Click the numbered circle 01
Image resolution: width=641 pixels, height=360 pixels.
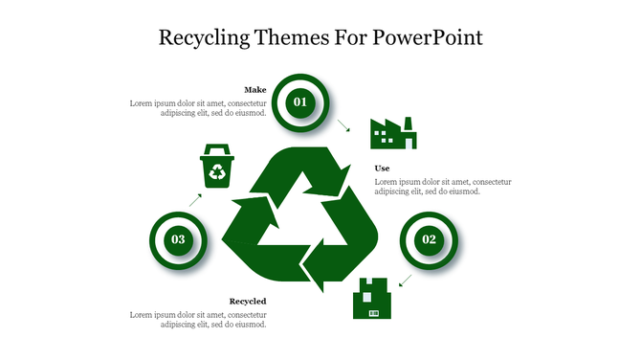click(x=299, y=101)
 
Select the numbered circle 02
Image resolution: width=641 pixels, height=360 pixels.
click(x=429, y=239)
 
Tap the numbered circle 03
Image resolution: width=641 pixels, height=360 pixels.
click(x=178, y=239)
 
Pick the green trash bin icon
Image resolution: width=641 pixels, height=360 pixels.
click(x=217, y=168)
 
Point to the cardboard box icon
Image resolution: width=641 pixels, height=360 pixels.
click(x=373, y=299)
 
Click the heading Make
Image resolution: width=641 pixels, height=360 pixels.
click(x=254, y=89)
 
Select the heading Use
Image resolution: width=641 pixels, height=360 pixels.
click(x=382, y=169)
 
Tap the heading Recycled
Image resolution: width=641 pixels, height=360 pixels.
click(x=248, y=302)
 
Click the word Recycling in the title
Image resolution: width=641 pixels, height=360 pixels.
click(x=205, y=38)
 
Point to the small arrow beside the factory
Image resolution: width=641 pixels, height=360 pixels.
click(x=343, y=124)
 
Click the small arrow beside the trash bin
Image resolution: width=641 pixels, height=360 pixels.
click(x=195, y=199)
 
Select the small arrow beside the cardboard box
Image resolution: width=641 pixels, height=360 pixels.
click(x=405, y=280)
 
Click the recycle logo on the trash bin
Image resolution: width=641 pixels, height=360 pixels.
click(x=218, y=172)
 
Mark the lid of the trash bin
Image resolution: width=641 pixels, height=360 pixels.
click(x=217, y=148)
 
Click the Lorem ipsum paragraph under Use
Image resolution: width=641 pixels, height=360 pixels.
click(x=442, y=187)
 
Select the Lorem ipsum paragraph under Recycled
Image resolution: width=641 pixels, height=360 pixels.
click(x=198, y=319)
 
